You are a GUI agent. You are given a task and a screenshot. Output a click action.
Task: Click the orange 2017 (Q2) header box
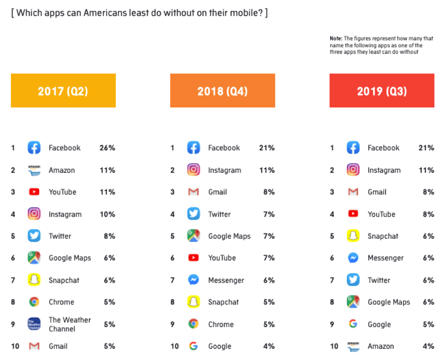[x=63, y=91]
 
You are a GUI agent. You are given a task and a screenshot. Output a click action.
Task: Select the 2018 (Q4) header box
[x=222, y=91]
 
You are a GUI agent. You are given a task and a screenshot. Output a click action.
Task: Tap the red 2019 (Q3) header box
[x=382, y=91]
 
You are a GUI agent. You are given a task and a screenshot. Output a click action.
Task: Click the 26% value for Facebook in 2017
[x=107, y=148]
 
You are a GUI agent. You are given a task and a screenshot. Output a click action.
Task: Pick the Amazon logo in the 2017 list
[x=34, y=170]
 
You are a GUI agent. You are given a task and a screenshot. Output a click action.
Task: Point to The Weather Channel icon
[x=34, y=324]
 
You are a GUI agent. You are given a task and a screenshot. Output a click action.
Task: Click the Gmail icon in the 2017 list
[x=34, y=346]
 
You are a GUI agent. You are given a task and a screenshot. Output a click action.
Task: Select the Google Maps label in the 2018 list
[x=229, y=236]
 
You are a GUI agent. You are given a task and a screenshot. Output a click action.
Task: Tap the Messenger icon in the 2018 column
[x=193, y=280]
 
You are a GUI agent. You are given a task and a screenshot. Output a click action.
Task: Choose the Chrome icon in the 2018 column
[x=193, y=324]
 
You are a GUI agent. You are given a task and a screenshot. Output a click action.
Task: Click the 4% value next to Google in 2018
[x=269, y=346]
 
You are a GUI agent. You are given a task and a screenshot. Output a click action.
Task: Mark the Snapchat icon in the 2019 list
[x=353, y=236]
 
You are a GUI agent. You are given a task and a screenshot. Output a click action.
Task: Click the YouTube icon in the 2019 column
[x=353, y=214]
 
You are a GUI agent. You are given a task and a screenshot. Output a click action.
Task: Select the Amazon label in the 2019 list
[x=381, y=346]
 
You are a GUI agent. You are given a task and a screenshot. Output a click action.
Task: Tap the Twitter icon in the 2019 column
[x=353, y=280]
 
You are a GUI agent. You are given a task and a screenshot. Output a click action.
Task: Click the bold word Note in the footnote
[x=335, y=38]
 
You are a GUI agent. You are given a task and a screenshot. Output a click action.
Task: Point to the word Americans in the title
[x=103, y=13]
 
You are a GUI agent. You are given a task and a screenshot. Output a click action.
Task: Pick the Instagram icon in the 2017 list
[x=34, y=214]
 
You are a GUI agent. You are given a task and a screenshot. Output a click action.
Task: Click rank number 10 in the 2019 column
[x=334, y=346]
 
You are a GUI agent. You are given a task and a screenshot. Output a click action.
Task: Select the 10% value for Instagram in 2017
[x=107, y=214]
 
